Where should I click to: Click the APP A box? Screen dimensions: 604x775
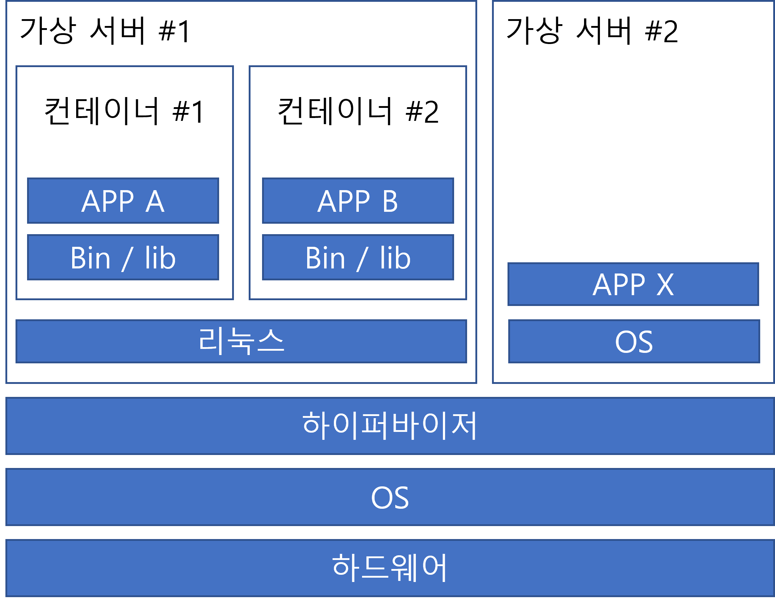123,201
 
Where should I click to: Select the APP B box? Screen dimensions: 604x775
358,201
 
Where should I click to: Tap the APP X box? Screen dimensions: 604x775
633,284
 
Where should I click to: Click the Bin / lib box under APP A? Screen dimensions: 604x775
123,257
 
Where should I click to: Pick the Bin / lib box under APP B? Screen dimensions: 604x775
358,257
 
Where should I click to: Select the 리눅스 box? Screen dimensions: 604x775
241,341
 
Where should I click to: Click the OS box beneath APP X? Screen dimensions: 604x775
634,341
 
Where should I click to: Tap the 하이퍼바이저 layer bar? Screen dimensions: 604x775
390,426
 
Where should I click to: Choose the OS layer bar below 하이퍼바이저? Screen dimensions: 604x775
390,497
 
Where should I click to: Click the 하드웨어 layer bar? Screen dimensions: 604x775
390,568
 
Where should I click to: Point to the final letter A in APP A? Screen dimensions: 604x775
155,201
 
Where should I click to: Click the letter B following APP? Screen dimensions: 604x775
390,201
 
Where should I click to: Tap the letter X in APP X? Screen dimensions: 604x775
665,285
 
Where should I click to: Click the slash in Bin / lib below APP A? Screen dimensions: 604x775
127,259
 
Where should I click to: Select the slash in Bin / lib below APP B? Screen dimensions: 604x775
362,259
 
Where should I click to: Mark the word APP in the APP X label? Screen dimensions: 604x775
619,285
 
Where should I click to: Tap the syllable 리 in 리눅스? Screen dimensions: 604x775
211,341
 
